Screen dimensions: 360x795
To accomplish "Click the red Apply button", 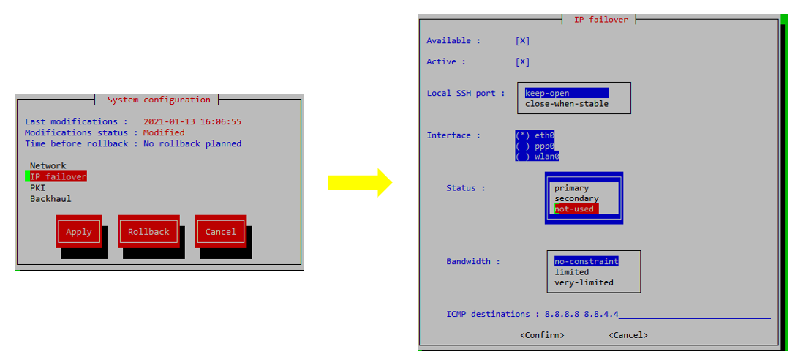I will (x=79, y=232).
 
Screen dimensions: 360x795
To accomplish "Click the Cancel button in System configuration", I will (x=220, y=232).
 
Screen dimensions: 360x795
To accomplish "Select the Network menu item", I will (x=48, y=166).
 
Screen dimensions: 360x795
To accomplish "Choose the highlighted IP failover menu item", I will (x=58, y=177).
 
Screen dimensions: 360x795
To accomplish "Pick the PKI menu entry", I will (x=37, y=188).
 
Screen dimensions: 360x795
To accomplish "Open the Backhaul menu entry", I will (x=50, y=199).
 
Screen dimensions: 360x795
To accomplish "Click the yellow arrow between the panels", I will (x=359, y=182).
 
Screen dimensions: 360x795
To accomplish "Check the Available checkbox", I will (x=522, y=41).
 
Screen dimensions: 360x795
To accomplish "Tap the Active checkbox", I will (x=522, y=62).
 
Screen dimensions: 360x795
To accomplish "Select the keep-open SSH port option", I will (x=547, y=94).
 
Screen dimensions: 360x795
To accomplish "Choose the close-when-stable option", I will (x=566, y=104).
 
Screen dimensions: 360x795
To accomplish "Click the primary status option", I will (x=571, y=188).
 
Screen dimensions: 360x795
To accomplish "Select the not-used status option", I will (x=574, y=209).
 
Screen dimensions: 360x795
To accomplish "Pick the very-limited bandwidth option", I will (x=584, y=282).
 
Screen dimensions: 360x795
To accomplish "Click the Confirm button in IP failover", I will (x=542, y=335).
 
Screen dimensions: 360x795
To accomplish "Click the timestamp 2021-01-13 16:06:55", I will (x=192, y=121).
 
